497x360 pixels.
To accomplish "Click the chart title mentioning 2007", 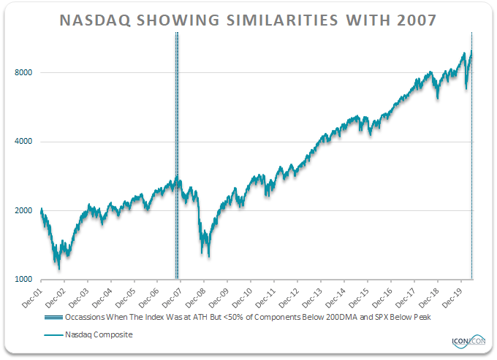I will tap(248, 20).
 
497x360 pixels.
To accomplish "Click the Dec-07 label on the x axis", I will tap(173, 294).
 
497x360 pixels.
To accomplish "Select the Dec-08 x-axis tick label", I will tap(197, 294).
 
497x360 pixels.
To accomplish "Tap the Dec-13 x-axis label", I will tap(314, 294).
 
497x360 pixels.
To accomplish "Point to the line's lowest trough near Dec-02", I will tap(59, 268).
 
